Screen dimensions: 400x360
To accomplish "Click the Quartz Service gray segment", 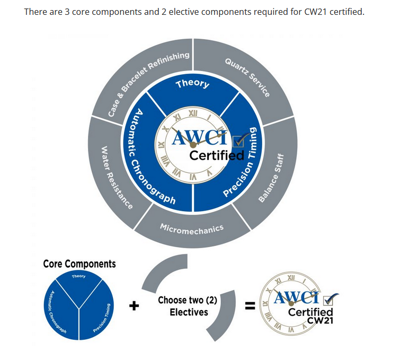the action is [x=245, y=76].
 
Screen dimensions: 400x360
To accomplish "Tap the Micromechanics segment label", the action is [x=192, y=229].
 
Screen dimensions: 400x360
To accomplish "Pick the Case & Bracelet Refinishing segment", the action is [x=143, y=76].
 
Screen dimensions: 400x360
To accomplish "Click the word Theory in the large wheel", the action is [x=193, y=83].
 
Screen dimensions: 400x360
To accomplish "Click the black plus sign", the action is [x=134, y=305].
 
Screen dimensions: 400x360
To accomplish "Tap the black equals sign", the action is [x=250, y=305].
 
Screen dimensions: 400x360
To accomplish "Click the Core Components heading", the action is [x=79, y=264].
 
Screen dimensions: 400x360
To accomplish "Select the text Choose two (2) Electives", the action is [x=188, y=306].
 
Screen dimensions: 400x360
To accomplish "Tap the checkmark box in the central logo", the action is [x=239, y=141].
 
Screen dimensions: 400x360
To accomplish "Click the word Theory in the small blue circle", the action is [x=78, y=276].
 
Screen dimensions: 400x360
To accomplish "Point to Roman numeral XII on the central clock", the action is [x=193, y=113].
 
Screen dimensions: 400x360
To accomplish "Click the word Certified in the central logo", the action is [x=217, y=155].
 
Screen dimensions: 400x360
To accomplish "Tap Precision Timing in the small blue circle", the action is [x=102, y=318].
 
